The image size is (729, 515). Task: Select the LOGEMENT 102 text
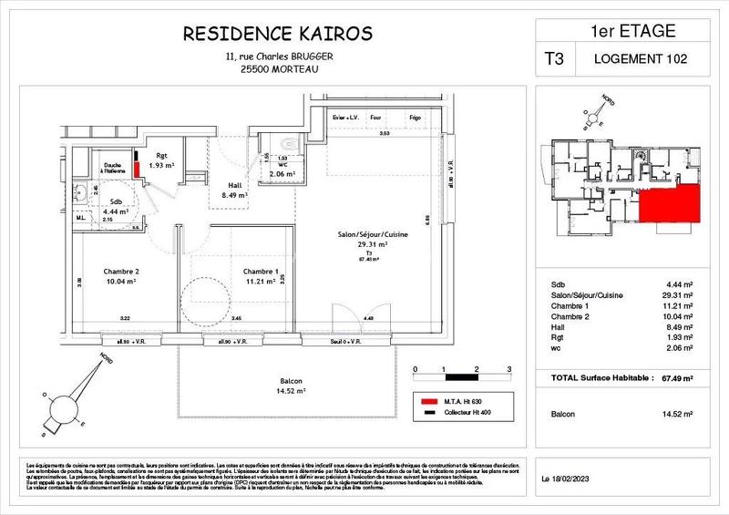point(641,59)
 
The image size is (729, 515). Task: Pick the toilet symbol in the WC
point(289,143)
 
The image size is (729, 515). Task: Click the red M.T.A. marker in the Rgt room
point(137,168)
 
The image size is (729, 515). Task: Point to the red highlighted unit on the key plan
point(670,201)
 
